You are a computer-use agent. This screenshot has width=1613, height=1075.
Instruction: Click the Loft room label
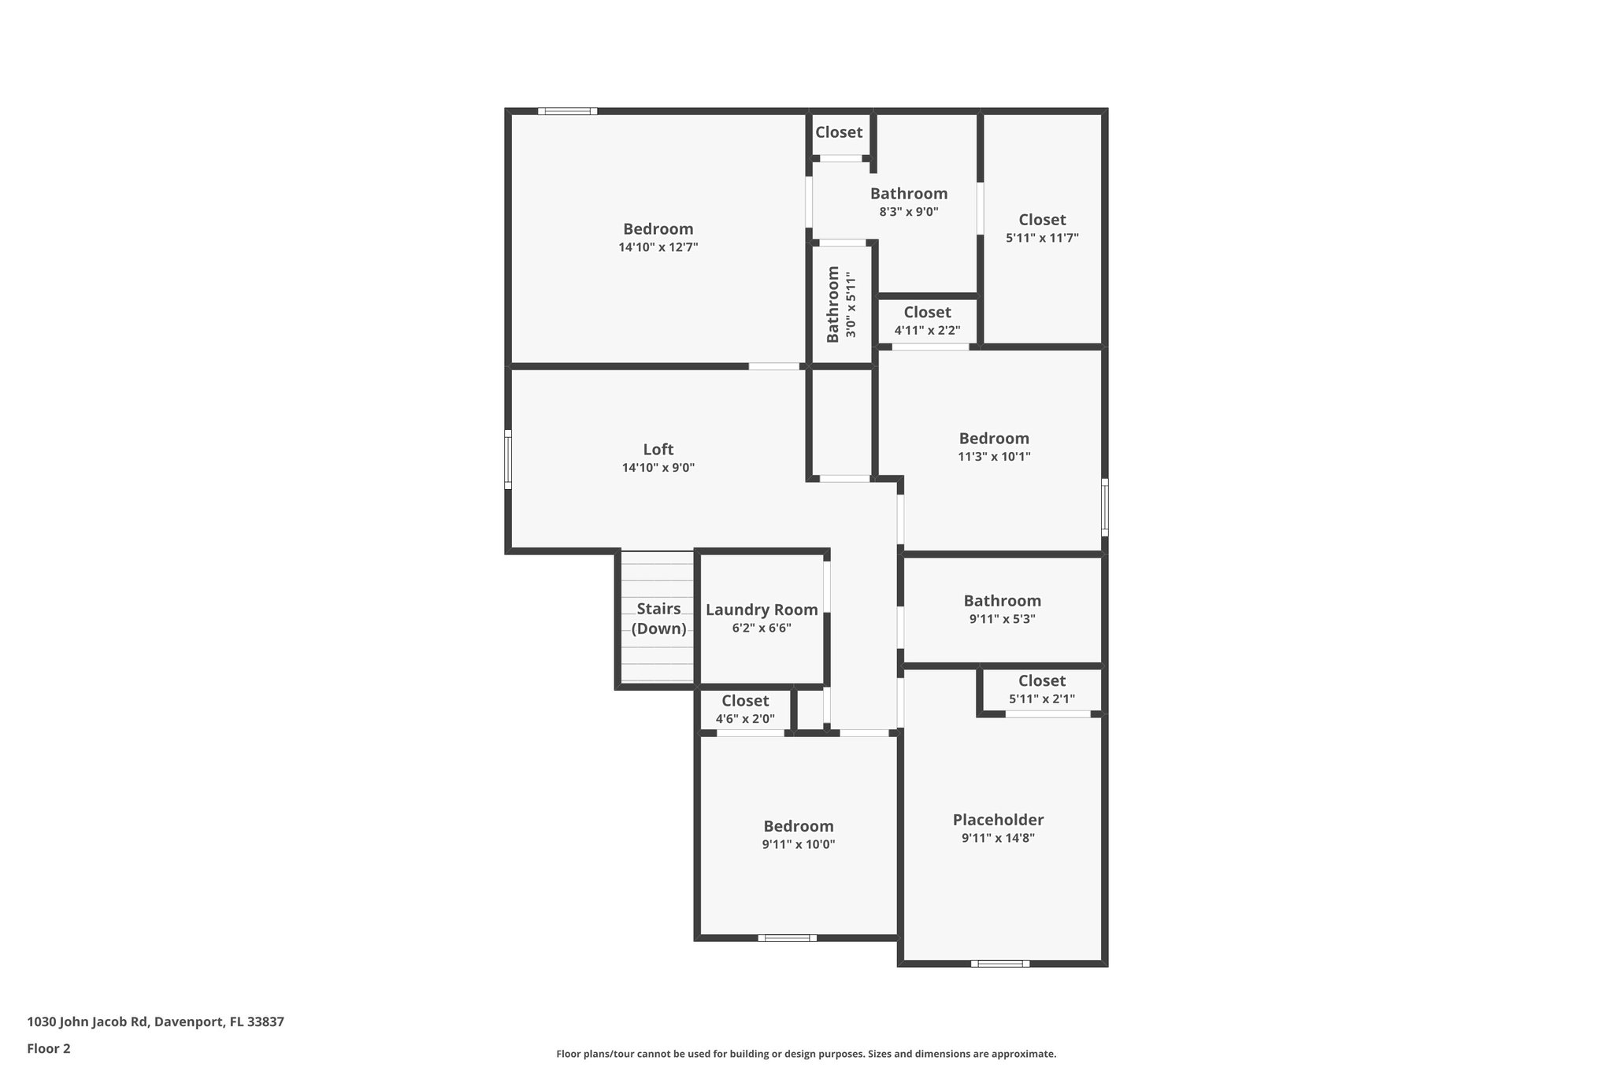[658, 450]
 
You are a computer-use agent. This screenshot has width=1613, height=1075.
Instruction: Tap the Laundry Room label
[761, 610]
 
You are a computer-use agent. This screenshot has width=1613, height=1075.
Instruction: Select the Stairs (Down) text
[658, 618]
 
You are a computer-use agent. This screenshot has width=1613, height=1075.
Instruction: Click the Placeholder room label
[998, 820]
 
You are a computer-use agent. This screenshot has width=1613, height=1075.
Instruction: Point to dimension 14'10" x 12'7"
[658, 247]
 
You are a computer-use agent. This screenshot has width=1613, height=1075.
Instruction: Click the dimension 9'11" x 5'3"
[1002, 619]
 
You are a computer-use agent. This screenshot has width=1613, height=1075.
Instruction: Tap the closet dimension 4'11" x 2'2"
[927, 331]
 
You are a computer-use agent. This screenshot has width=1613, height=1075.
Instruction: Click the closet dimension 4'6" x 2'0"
[744, 719]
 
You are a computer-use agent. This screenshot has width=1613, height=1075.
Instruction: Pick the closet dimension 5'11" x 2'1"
[1041, 699]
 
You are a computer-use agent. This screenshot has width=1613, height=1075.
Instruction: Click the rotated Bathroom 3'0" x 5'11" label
[840, 304]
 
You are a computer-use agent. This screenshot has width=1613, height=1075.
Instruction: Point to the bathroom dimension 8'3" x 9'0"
[908, 212]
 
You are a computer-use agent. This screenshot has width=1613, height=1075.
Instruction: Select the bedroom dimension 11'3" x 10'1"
[994, 457]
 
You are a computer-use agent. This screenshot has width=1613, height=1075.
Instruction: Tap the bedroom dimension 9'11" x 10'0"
[798, 844]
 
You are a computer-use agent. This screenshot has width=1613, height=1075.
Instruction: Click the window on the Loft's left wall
[508, 459]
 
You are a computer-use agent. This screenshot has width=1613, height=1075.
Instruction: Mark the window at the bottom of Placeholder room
[999, 963]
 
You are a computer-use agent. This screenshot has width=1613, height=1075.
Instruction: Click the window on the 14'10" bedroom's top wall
[567, 111]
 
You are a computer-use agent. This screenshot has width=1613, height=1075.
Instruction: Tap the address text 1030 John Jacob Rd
[155, 1022]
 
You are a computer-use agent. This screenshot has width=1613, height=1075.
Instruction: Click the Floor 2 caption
[49, 1048]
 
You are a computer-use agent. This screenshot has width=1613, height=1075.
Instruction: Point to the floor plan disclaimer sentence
[806, 1054]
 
